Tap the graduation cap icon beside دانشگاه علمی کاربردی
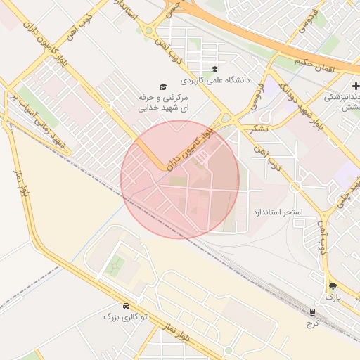(214, 69)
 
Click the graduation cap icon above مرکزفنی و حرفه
(163, 87)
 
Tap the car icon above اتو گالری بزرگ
(126, 307)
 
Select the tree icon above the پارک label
(332, 286)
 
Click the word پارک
(332, 298)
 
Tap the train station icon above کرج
(312, 311)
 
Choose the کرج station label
(312, 323)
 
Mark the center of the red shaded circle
(180, 179)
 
